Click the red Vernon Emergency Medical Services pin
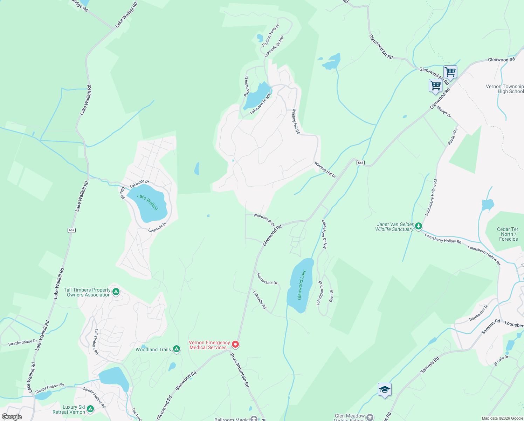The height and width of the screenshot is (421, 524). coord(235,345)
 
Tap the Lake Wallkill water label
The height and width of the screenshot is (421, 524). coord(147,202)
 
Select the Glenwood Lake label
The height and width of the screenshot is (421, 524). coord(302,285)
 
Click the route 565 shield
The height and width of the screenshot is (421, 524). coord(361,162)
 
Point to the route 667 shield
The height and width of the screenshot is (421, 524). coord(71,230)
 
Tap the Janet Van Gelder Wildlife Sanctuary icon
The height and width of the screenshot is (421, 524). coord(419,227)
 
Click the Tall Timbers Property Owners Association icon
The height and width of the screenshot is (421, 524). coord(116,292)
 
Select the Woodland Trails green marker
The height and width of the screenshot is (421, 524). coord(177,349)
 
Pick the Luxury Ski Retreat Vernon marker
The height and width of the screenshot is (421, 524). coord(90,409)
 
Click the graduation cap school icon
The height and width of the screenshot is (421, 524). coord(385,390)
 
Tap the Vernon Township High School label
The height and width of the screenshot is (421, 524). coord(505,89)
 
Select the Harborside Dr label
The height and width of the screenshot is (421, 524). coord(267,279)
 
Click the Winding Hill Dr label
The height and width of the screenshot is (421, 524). coord(325,170)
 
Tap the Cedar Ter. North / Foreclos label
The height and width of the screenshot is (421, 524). coord(508,234)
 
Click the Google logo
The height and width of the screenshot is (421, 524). coord(12,417)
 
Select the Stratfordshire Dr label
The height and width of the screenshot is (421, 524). coord(22,342)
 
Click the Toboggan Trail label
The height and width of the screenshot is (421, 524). coord(319,293)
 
